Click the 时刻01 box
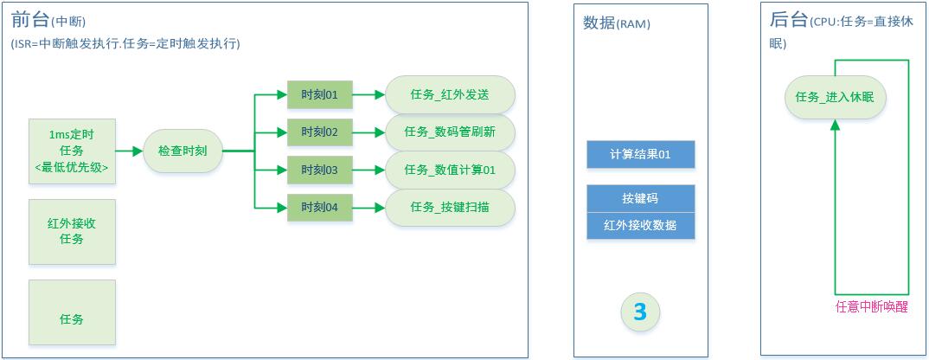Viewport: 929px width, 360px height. [319, 94]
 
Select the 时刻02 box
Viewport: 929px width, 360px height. [319, 132]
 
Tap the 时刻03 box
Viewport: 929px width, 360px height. [319, 170]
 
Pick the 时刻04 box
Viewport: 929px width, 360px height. [319, 208]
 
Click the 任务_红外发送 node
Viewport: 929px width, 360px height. [450, 94]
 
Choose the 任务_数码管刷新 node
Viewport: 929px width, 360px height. [450, 132]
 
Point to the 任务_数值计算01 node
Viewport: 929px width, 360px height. [450, 170]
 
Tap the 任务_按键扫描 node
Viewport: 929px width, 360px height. [450, 208]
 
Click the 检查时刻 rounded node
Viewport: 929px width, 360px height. [183, 151]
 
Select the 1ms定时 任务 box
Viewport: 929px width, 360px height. [73, 151]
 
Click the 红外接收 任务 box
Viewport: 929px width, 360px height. [73, 231]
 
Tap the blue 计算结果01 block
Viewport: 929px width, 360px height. [640, 155]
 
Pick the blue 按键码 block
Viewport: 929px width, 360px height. [640, 199]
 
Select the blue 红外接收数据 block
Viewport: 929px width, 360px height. [640, 226]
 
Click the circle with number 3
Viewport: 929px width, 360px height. [640, 312]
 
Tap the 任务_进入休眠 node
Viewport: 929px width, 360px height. [836, 98]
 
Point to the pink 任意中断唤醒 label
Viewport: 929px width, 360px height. [871, 307]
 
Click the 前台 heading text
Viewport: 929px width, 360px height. [29, 20]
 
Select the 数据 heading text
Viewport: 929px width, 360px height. [598, 23]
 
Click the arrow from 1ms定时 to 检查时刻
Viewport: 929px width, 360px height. [129, 151]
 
